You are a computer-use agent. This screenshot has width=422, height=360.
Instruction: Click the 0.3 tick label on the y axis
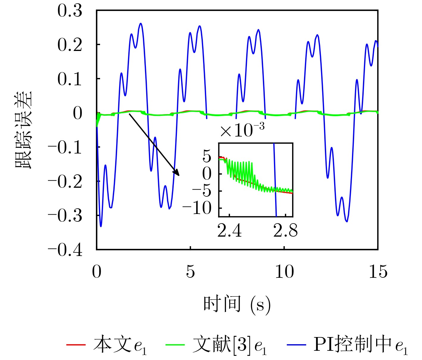[70, 11]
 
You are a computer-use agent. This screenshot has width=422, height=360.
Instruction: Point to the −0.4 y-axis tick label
[65, 250]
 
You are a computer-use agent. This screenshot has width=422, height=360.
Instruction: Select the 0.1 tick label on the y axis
[70, 79]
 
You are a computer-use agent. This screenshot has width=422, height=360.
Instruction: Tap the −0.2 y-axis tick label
[65, 181]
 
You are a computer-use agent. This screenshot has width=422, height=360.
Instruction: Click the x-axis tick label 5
[190, 271]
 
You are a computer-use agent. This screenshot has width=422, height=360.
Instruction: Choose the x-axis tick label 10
[284, 271]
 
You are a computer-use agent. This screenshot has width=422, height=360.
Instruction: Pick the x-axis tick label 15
[378, 271]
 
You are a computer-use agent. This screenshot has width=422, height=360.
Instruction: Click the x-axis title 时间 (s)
[237, 304]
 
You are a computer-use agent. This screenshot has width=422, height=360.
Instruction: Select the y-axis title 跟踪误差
[23, 130]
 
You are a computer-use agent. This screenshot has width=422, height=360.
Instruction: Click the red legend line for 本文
[76, 345]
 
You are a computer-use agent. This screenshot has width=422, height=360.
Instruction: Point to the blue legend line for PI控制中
[296, 345]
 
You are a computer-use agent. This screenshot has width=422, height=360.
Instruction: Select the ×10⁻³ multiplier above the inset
[242, 130]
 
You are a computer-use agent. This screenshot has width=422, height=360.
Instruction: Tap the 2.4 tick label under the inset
[229, 231]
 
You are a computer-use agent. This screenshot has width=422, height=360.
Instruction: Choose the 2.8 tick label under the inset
[285, 231]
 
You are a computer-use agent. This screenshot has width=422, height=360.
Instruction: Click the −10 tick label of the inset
[197, 208]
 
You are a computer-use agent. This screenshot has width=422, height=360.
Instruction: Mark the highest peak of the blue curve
[141, 24]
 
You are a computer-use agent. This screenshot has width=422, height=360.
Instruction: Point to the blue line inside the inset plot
[275, 179]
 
